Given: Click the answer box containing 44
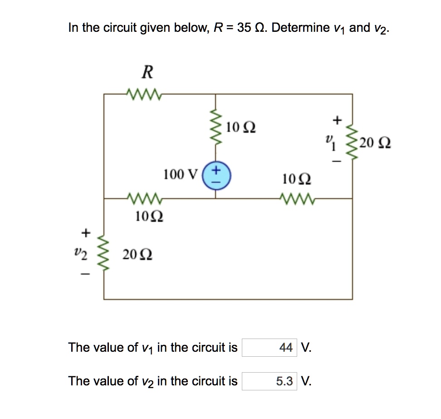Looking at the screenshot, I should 269,348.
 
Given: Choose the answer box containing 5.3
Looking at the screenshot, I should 269,381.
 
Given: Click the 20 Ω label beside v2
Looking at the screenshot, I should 137,255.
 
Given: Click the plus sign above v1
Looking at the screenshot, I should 336,120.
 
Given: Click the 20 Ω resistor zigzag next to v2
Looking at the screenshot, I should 104,254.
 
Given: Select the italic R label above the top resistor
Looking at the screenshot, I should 147,72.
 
